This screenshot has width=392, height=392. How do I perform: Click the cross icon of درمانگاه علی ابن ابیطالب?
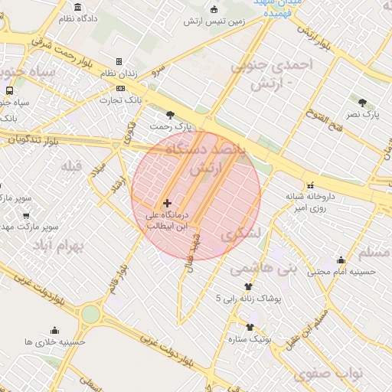(167, 203)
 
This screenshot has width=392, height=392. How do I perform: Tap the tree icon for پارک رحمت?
(181, 114)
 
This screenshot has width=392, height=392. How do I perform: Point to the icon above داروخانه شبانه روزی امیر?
(311, 185)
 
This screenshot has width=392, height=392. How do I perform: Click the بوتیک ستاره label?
(250, 338)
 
